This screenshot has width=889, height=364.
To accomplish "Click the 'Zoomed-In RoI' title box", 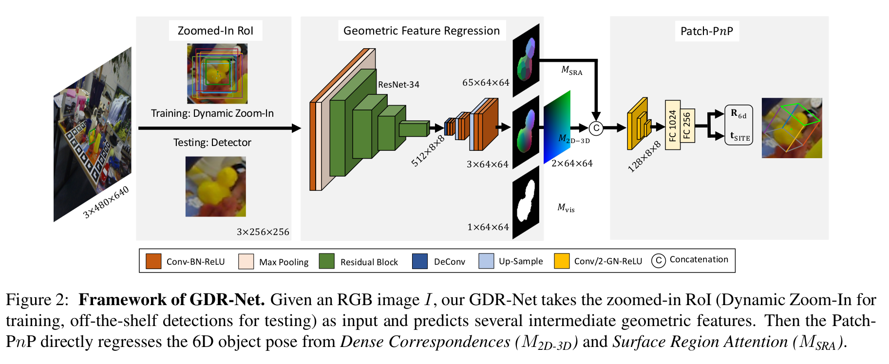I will pos(215,31).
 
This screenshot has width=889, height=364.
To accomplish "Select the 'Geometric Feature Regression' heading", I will pos(421,31).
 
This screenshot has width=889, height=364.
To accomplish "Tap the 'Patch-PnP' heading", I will pos(706,31).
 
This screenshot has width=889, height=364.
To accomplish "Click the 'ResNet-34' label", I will pos(398,84).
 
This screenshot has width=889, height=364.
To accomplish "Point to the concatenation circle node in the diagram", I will pos(596,128).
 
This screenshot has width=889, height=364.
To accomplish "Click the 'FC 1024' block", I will pos(673,125).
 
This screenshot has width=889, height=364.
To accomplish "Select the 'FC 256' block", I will pos(687,126).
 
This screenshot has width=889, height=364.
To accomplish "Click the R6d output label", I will pos(738,114).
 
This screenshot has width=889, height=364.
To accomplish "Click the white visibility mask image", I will pos(526,201).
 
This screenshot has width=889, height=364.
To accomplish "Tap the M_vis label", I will pos(566,208).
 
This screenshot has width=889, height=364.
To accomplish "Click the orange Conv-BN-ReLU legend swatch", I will pos(153,261).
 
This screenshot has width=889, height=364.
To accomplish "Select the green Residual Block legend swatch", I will pos(326,261).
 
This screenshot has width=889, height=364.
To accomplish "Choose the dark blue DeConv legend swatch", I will pos(419,261).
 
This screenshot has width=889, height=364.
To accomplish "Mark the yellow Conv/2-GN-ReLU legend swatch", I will pos(562,261).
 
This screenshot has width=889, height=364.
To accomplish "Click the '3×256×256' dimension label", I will pos(263,232).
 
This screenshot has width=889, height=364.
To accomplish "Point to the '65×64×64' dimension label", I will pos(486,83).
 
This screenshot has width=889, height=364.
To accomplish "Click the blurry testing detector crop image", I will pos(215,186).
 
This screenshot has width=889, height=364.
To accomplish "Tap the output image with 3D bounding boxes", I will pos(792,128).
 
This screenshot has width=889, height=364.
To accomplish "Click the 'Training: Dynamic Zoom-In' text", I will pos(212,113).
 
